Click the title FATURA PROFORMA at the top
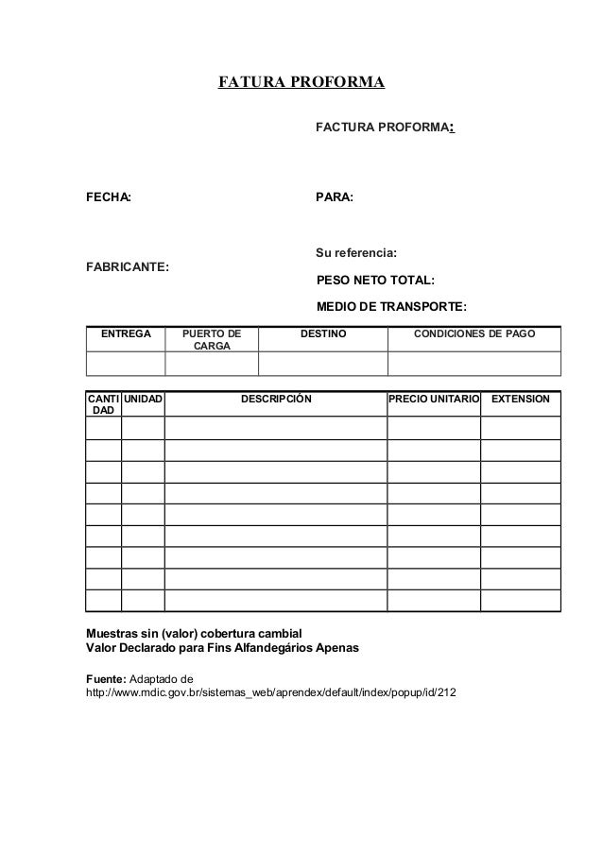pyautogui.click(x=301, y=82)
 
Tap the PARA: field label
pyautogui.click(x=334, y=198)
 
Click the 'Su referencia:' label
pyautogui.click(x=356, y=253)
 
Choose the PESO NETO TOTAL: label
pyautogui.click(x=375, y=281)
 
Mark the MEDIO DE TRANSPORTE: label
pyautogui.click(x=391, y=307)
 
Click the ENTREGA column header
pyautogui.click(x=127, y=334)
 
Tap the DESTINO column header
pyautogui.click(x=323, y=334)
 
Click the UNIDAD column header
pyautogui.click(x=143, y=401)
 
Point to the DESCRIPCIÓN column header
pyautogui.click(x=275, y=401)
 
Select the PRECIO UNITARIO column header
pyautogui.click(x=434, y=401)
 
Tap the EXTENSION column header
pyautogui.click(x=521, y=401)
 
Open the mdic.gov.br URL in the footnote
pyautogui.click(x=270, y=694)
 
